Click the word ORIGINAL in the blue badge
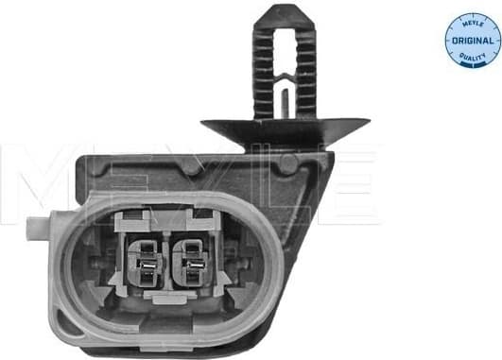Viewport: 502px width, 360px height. [x=471, y=41]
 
